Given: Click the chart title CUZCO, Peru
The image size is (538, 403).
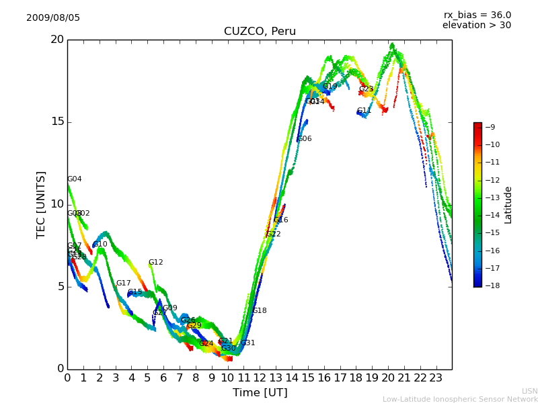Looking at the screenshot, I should (260, 32).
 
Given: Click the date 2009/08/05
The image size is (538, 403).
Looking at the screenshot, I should (53, 18).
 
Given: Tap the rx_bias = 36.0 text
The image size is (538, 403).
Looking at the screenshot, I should (477, 15).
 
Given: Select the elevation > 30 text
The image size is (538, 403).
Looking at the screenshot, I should (476, 26).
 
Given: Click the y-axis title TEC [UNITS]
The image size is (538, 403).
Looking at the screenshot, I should (42, 204).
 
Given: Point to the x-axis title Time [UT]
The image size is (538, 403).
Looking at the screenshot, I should (260, 393).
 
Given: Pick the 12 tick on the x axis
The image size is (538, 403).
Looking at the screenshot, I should (260, 378).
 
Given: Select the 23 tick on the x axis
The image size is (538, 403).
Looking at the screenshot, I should (436, 378).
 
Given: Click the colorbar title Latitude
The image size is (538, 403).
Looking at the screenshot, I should (508, 205).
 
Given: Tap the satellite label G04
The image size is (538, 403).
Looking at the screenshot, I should (75, 179).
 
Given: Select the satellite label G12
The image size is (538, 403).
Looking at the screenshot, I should (156, 263).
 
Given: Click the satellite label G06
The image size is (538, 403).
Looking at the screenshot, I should (305, 139).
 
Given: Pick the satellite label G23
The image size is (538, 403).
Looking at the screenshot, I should (367, 89).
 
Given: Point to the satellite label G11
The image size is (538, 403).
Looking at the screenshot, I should (364, 111).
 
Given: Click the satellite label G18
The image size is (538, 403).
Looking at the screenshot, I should (260, 311).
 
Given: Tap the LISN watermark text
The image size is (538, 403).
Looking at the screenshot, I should (529, 391).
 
